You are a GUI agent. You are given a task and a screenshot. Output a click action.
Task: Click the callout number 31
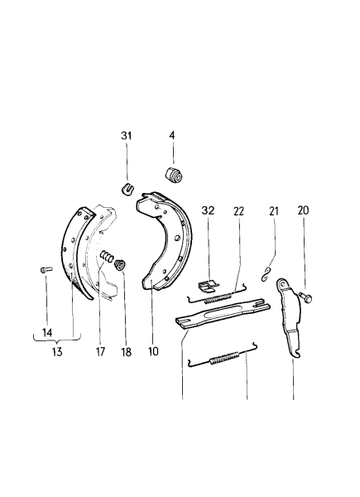(x=127, y=136)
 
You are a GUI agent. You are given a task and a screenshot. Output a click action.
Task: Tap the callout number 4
(x=172, y=135)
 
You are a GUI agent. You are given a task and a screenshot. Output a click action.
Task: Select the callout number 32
(x=208, y=210)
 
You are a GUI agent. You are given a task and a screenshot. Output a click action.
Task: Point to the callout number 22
(x=238, y=211)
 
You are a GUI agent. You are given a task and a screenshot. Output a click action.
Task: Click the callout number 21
(x=274, y=210)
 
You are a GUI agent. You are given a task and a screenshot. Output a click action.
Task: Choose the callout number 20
(x=303, y=210)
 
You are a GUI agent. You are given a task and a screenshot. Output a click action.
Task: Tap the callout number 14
(x=47, y=332)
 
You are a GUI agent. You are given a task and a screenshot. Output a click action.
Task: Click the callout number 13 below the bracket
(x=57, y=351)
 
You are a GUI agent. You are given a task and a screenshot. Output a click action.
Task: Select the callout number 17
(x=100, y=351)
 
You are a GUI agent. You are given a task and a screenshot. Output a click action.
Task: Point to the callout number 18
(x=126, y=351)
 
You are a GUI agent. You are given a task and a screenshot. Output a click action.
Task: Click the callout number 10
(x=153, y=351)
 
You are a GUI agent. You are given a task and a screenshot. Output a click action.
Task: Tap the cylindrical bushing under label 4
(x=174, y=175)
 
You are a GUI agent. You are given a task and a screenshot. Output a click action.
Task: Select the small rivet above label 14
(x=46, y=269)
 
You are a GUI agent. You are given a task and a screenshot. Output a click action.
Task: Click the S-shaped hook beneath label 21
(x=265, y=274)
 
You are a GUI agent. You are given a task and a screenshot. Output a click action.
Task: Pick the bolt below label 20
(x=305, y=297)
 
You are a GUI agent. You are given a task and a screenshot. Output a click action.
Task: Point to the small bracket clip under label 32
(x=208, y=285)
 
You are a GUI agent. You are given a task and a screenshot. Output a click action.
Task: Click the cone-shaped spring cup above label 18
(x=120, y=265)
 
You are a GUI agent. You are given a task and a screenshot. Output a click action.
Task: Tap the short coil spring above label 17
(x=107, y=256)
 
